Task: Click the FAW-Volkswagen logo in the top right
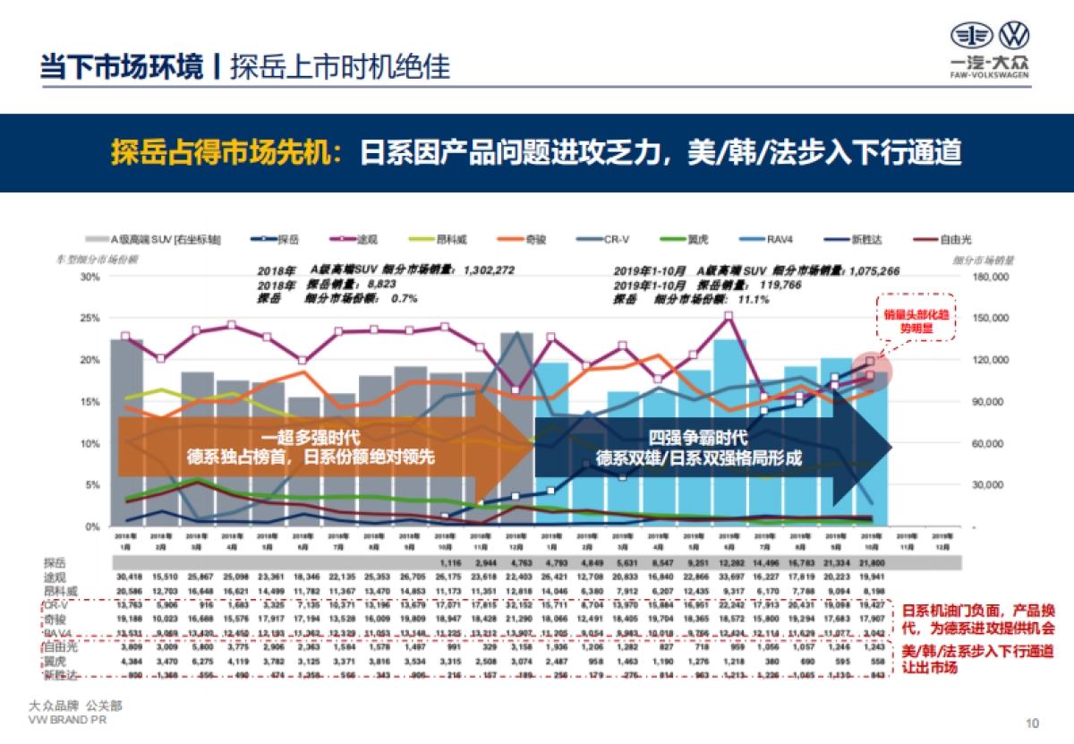pos(988,49)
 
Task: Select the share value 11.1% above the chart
pos(754,299)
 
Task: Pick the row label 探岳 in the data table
pos(55,563)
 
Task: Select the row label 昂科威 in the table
pos(61,591)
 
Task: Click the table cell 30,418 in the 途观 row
pos(130,577)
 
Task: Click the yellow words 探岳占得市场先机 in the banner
pos(225,153)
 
